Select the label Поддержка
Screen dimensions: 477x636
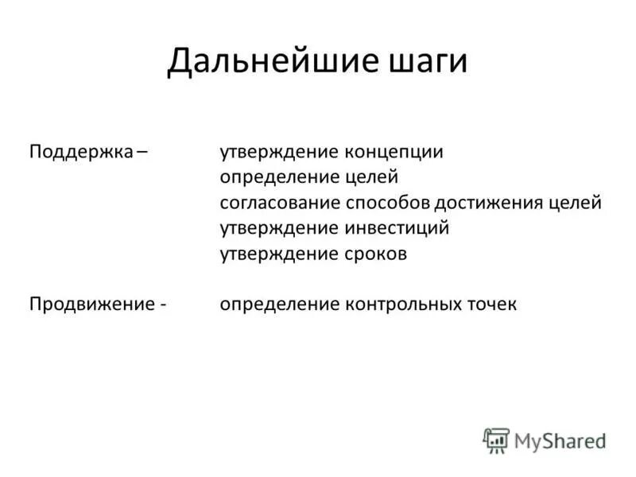coord(80,153)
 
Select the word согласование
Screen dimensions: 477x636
coord(280,204)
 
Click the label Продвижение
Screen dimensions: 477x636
coord(88,305)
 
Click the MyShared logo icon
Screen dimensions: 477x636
coord(496,440)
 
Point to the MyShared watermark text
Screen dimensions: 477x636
coord(560,440)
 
